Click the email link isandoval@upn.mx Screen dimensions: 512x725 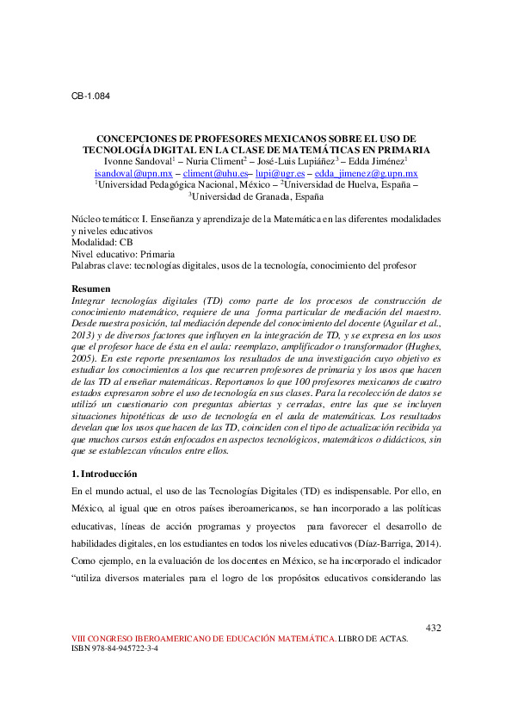tap(133, 173)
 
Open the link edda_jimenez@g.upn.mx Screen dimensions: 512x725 tap(368, 173)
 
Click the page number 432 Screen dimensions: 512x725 tap(433, 628)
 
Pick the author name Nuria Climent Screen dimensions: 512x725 tap(219, 161)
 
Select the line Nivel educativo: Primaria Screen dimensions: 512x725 tap(125, 255)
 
